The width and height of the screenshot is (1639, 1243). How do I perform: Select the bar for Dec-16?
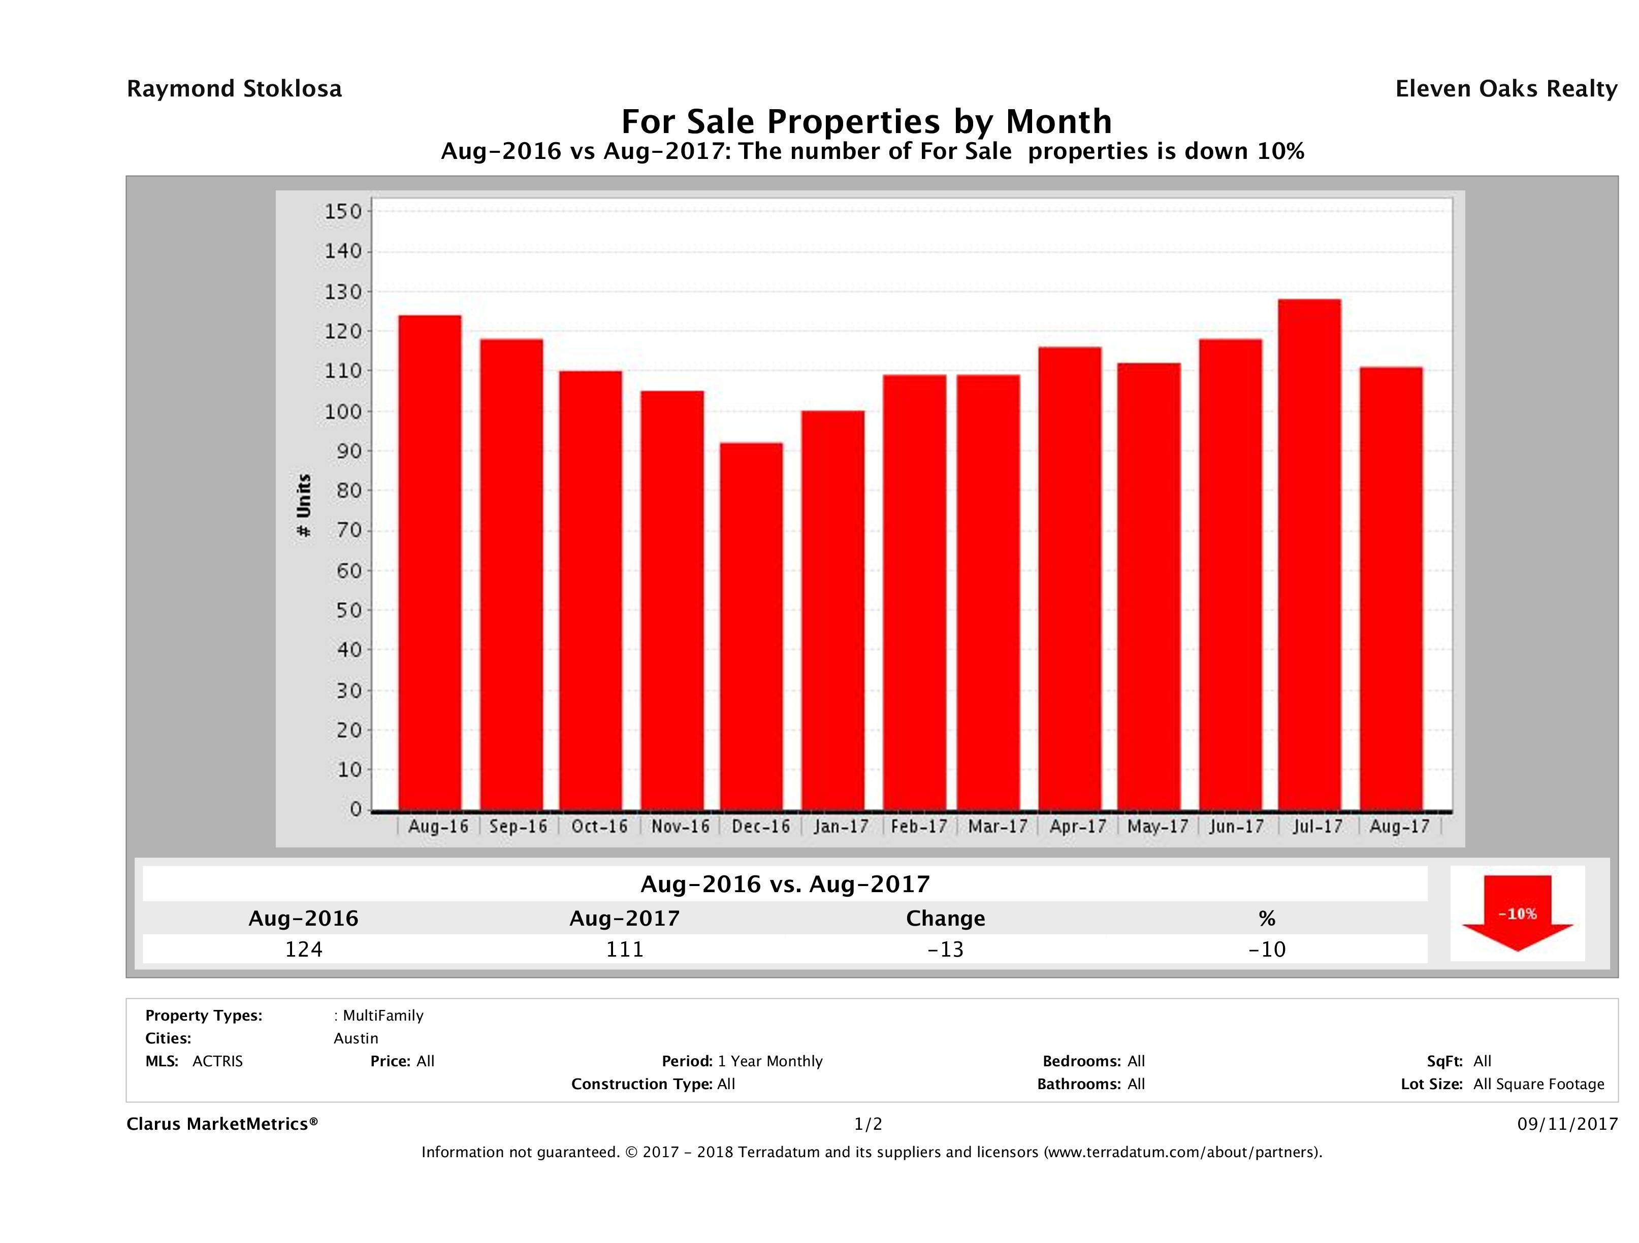pos(751,626)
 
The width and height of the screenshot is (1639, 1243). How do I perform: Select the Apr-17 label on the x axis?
pos(1077,826)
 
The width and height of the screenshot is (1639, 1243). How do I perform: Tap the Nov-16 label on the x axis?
pos(680,826)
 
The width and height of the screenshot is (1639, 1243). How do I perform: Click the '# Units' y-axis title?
pos(304,505)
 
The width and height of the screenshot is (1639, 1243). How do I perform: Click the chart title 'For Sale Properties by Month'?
pos(866,121)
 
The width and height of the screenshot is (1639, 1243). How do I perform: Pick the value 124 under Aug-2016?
pos(304,949)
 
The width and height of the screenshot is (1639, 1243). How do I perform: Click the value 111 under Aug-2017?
pos(625,949)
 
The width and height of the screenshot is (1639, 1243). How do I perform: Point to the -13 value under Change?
pos(946,949)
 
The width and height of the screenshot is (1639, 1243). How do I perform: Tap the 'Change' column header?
pos(946,919)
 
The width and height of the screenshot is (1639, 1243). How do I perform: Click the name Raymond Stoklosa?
pos(234,89)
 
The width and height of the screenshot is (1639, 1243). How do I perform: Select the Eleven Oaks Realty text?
pos(1505,89)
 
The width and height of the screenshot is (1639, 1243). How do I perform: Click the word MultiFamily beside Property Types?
pos(383,1016)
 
